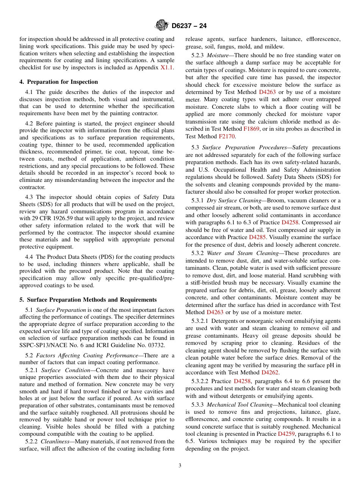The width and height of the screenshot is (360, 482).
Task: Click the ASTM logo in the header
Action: (x=162, y=26)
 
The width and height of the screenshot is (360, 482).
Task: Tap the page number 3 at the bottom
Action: (x=180, y=466)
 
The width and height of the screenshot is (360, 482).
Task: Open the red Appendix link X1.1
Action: (x=167, y=68)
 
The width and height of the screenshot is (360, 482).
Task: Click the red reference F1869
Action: (x=251, y=129)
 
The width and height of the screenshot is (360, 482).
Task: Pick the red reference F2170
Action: (x=227, y=136)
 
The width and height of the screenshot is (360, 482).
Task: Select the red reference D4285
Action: (x=257, y=237)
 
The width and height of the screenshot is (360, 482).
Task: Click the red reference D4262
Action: (x=270, y=372)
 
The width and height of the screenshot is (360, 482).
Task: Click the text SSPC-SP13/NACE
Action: (x=41, y=345)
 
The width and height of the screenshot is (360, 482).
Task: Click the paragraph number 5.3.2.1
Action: (x=203, y=321)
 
